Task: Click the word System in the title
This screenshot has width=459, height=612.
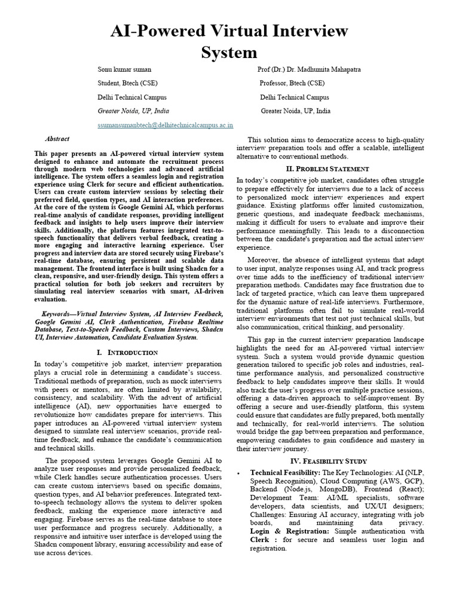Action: point(229,52)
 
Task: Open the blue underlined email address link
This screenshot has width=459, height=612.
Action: point(166,126)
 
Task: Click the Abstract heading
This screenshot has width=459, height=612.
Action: point(57,139)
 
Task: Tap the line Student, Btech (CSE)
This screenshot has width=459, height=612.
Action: point(128,83)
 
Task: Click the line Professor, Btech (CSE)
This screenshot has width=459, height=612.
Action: point(292,83)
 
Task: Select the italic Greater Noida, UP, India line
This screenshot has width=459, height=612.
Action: point(133,111)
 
